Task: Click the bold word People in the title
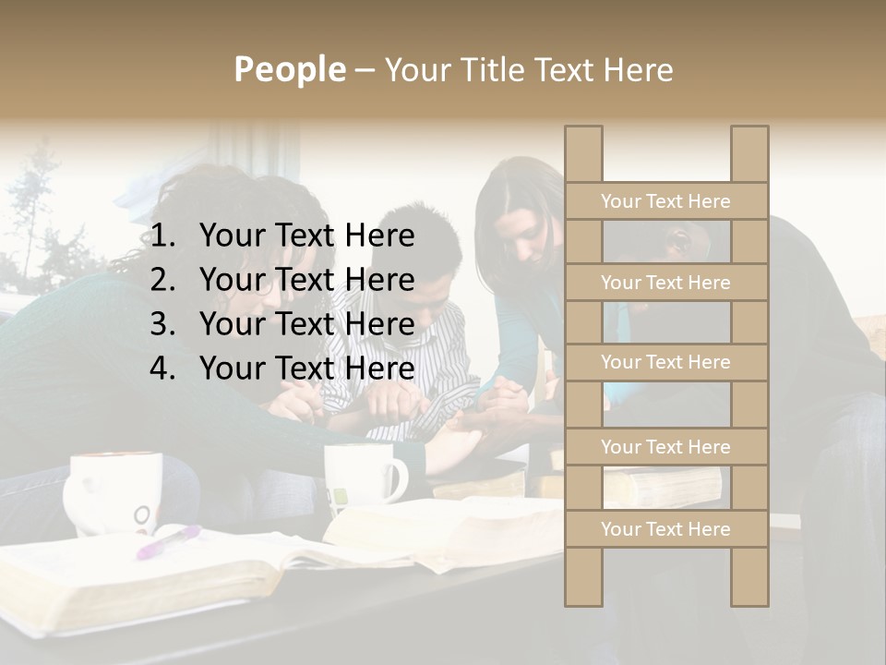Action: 289,69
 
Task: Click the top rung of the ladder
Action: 665,201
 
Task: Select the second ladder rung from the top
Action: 665,283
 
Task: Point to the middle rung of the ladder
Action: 665,362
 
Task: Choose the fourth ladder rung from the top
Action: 665,447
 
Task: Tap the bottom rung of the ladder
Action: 665,529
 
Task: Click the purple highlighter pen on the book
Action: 169,541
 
